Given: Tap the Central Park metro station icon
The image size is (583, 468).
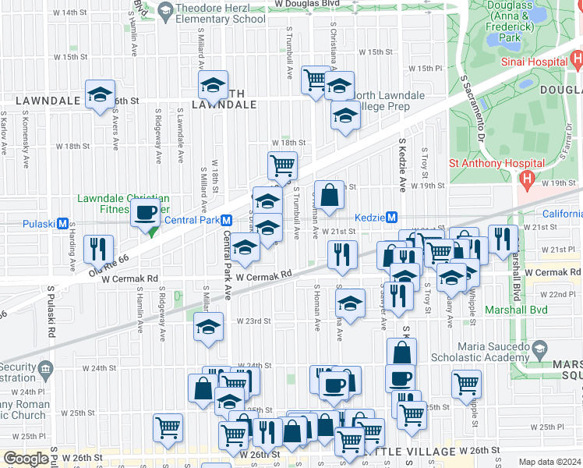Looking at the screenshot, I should (x=226, y=221).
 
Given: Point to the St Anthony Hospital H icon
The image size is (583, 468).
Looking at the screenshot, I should (x=525, y=180).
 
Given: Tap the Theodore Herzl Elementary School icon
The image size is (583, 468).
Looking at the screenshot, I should (x=164, y=10).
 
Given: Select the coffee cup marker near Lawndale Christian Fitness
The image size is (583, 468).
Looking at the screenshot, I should (x=146, y=212).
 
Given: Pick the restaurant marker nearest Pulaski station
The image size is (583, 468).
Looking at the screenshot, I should (x=98, y=249).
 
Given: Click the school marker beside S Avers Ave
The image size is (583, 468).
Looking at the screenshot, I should (x=100, y=95).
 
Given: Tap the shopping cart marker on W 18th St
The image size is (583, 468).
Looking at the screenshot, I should (x=282, y=165).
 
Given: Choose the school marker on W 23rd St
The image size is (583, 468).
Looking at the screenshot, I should (x=208, y=327).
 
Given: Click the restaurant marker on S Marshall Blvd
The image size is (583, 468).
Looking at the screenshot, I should (x=503, y=239).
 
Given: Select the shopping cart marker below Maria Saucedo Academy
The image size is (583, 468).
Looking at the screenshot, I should (x=466, y=382).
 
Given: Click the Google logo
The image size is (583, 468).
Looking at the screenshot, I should (x=26, y=459).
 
